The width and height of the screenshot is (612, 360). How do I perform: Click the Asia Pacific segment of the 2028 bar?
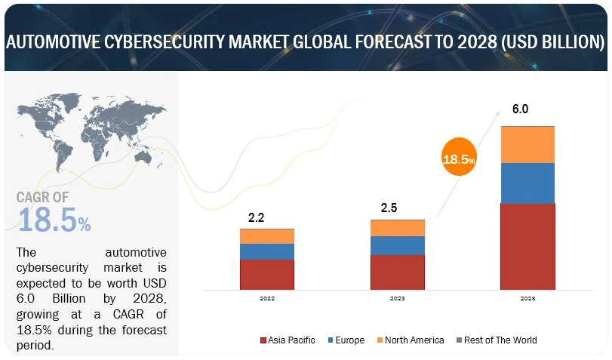[x=527, y=246]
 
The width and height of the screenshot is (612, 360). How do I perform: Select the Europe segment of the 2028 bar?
[x=527, y=183]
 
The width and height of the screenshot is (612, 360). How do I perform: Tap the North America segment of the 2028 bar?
[x=527, y=145]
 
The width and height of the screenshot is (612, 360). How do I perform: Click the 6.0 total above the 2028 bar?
[x=520, y=109]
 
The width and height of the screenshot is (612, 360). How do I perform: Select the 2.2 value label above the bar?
[x=257, y=217]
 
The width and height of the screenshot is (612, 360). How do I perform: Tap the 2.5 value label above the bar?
[x=387, y=208]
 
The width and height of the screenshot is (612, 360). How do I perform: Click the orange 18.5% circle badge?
[x=459, y=160]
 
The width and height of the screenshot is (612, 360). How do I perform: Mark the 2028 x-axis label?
[x=527, y=299]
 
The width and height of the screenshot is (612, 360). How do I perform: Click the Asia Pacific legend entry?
[x=288, y=340]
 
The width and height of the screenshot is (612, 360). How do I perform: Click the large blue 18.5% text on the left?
[x=54, y=220]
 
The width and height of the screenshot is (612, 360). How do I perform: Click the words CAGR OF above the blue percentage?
[x=45, y=198]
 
